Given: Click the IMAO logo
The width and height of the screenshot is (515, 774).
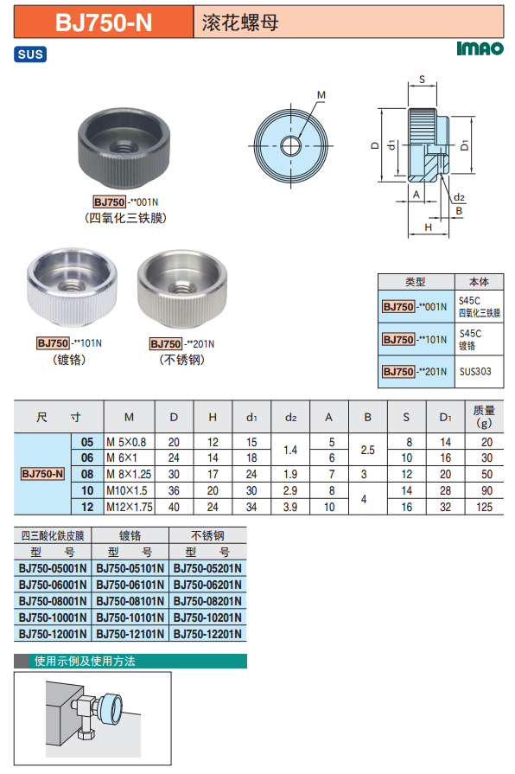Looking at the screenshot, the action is [x=480, y=48].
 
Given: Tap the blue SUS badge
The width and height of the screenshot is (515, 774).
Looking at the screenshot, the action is [x=30, y=54].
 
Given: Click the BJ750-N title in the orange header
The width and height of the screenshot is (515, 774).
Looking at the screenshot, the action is [x=104, y=22].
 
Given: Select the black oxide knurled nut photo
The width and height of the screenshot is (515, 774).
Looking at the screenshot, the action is [x=124, y=148].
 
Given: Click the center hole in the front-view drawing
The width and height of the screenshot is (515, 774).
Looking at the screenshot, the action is [x=290, y=145].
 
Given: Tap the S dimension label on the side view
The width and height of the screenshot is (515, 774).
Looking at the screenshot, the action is [x=422, y=79].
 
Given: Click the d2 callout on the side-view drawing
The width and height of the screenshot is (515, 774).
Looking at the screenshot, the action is [x=459, y=197].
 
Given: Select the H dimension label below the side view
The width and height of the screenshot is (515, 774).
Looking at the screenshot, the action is [x=429, y=227].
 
